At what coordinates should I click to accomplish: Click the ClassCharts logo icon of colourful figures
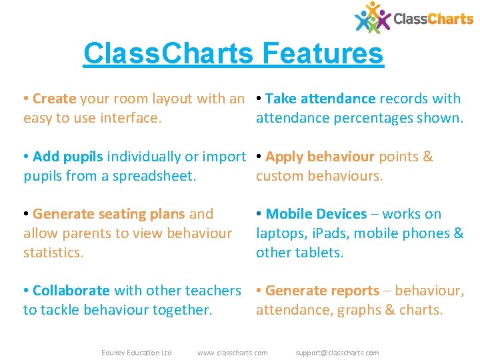pos(372,17)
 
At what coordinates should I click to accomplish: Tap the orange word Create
pos(54,99)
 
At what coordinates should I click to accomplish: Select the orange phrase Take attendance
pos(320,99)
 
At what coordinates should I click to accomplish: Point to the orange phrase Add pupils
pos(67,157)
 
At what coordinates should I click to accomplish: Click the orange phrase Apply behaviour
pos(320,157)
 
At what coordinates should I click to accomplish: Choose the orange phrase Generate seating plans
pos(109,214)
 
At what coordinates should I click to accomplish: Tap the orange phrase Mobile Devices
pos(316,214)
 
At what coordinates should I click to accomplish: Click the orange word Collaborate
pos(71,291)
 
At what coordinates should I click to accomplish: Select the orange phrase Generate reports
pos(322,291)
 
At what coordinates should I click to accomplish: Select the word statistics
pos(53,253)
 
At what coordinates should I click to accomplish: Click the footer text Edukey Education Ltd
pos(136,353)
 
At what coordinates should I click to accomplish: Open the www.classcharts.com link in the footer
pos(233,353)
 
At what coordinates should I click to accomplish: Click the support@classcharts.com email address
pos(337,353)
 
